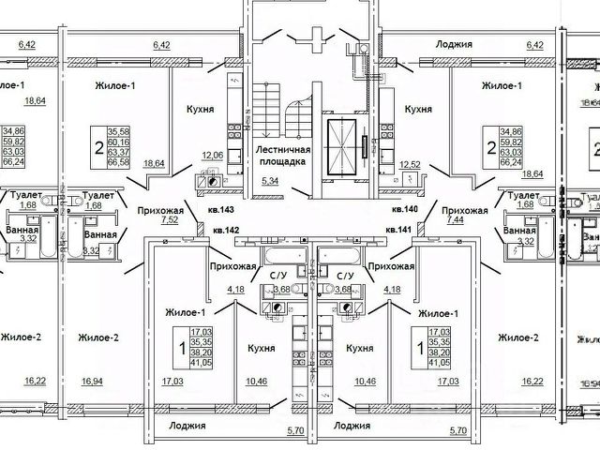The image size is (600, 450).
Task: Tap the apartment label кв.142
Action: tap(227, 230)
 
